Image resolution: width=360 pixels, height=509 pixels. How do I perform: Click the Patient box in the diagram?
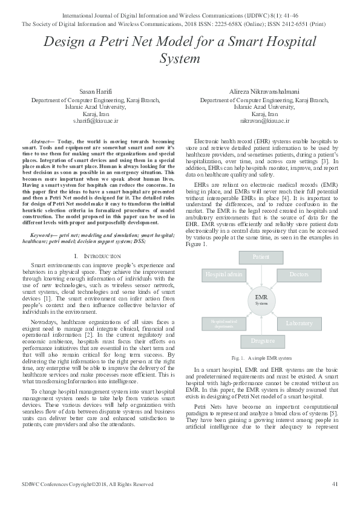(x=261, y=258)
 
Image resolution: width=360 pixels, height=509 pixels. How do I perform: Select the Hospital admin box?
(x=223, y=274)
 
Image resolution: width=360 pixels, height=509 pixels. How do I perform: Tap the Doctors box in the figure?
(x=299, y=274)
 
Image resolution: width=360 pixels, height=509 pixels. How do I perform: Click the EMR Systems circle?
(x=261, y=299)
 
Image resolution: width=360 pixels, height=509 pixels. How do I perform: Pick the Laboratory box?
(x=299, y=324)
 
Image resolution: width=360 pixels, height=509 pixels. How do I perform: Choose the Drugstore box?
(x=261, y=341)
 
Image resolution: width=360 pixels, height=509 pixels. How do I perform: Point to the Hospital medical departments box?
(x=223, y=324)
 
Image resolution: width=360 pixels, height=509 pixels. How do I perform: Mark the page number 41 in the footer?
(x=335, y=484)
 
